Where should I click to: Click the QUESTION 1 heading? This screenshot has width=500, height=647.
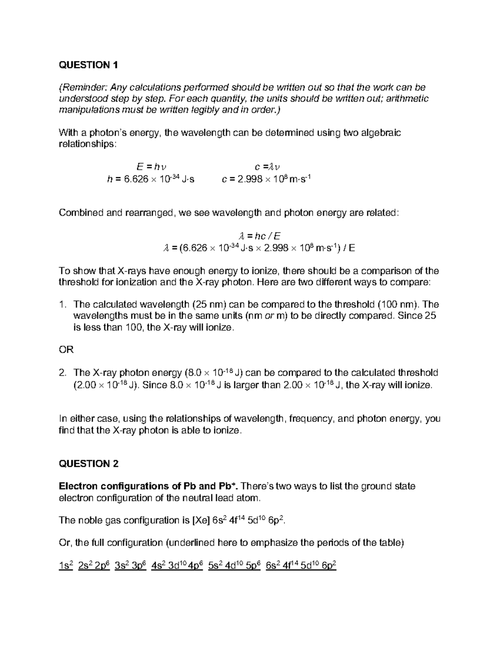coord(88,65)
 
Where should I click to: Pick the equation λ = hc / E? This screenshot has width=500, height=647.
coord(250,236)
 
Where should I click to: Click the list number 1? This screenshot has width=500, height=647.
coord(62,305)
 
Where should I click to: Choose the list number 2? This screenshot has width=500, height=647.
coord(62,372)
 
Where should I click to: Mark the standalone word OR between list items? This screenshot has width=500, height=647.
coord(66,350)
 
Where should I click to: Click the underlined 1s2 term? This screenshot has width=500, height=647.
coord(66,566)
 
